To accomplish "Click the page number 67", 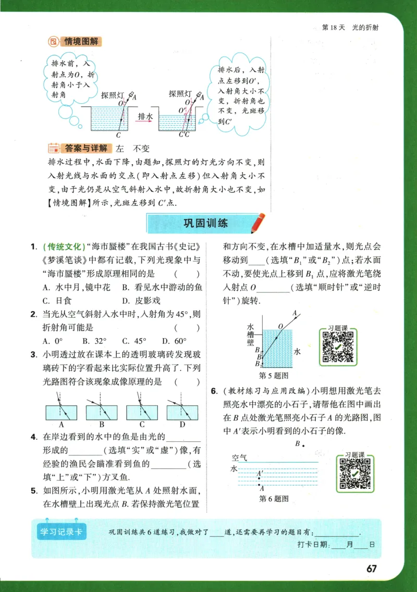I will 371,569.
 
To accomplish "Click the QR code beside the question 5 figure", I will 338,346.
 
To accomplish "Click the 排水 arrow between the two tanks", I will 145,118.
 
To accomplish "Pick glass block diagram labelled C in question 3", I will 141,412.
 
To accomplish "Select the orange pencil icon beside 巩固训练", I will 257,223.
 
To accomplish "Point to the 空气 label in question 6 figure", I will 240,458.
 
